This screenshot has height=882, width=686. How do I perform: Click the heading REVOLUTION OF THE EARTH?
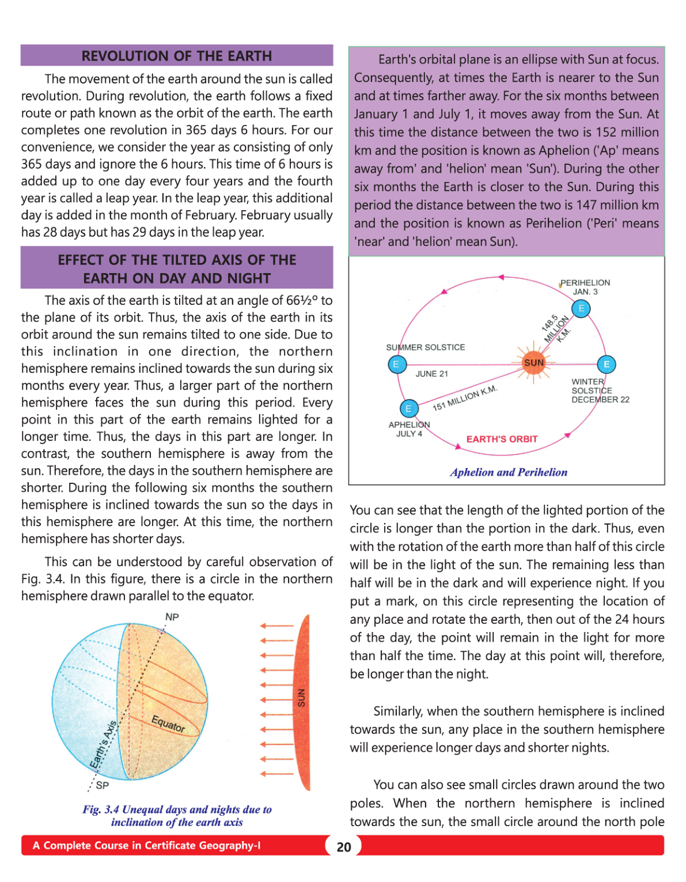click(x=176, y=56)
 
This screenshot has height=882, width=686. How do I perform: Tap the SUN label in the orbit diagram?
click(x=534, y=362)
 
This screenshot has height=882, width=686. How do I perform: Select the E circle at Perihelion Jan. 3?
click(x=581, y=309)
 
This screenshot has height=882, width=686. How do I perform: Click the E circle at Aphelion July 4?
click(x=408, y=408)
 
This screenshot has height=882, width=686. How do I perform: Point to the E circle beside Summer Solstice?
click(x=397, y=364)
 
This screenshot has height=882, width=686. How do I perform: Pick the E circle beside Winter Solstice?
click(x=606, y=364)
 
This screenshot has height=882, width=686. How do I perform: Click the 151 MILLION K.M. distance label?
click(x=464, y=398)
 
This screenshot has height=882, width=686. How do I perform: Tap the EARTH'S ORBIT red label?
click(x=502, y=439)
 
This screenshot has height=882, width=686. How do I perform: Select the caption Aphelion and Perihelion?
click(x=509, y=472)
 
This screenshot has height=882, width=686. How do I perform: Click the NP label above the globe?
click(x=172, y=617)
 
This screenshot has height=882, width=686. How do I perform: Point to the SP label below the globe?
click(x=102, y=785)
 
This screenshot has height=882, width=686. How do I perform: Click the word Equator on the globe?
click(x=168, y=724)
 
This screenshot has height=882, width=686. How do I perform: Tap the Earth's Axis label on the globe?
click(x=104, y=744)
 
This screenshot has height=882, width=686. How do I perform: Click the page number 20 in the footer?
click(x=344, y=847)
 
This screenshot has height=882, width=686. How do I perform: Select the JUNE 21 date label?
click(x=431, y=374)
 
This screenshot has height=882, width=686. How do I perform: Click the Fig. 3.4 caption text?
click(x=177, y=816)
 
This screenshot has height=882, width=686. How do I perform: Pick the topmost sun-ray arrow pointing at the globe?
click(x=277, y=626)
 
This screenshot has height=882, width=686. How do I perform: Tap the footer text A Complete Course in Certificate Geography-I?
click(x=146, y=846)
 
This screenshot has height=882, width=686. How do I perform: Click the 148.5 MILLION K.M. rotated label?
click(x=556, y=329)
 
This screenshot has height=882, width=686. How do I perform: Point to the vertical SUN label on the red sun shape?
click(x=301, y=698)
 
